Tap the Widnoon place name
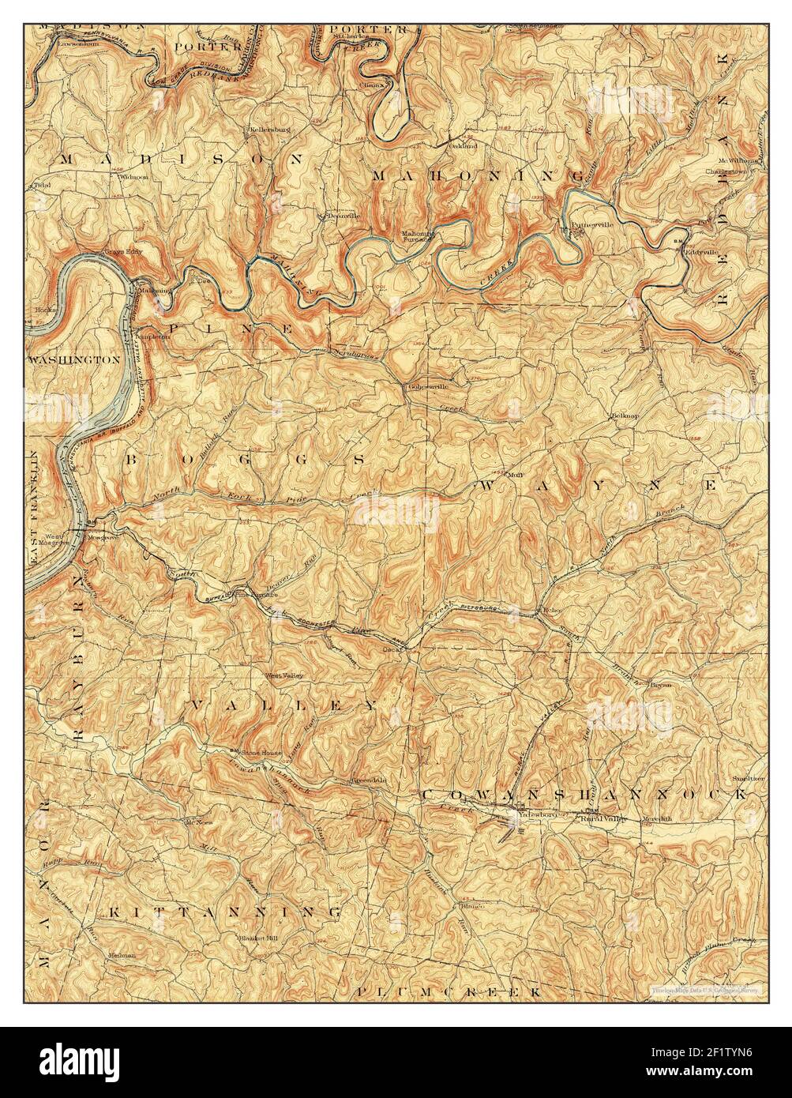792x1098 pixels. pos(133,178)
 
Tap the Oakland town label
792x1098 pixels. pos(464,146)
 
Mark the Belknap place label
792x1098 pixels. pos(624,415)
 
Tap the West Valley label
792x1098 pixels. pos(283,675)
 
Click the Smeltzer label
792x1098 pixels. pos(749,778)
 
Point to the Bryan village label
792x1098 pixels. pos(660,685)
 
